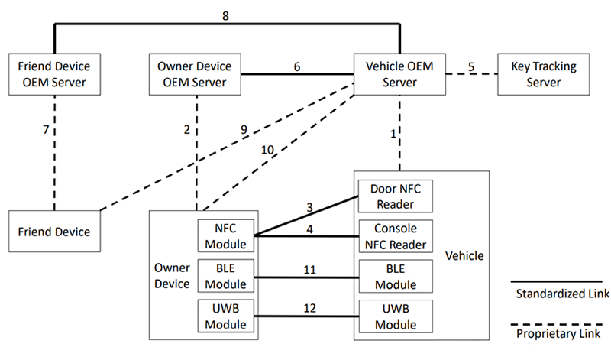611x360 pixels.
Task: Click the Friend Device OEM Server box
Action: (54, 74)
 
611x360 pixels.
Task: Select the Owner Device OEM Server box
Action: (198, 74)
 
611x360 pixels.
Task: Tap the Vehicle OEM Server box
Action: (399, 74)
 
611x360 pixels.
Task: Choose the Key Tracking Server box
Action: (543, 74)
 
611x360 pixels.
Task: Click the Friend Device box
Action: (54, 232)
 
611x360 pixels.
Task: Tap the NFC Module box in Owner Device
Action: (226, 236)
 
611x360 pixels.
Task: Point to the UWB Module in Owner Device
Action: (226, 316)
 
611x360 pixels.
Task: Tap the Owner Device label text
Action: (173, 277)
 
